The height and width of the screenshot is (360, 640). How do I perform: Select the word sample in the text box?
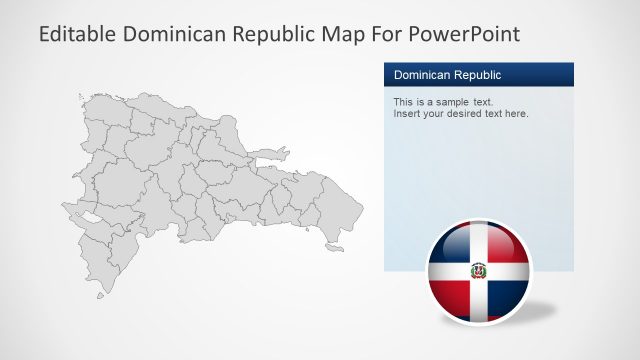[446, 102]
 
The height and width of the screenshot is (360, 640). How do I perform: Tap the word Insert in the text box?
[408, 114]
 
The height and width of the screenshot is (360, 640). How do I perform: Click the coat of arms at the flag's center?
[479, 270]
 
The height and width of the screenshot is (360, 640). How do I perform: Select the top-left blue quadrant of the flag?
[452, 245]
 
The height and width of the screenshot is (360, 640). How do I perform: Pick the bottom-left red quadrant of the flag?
[453, 295]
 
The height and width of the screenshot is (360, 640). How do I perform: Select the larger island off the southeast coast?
[335, 247]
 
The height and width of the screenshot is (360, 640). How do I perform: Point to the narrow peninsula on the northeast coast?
[270, 155]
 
